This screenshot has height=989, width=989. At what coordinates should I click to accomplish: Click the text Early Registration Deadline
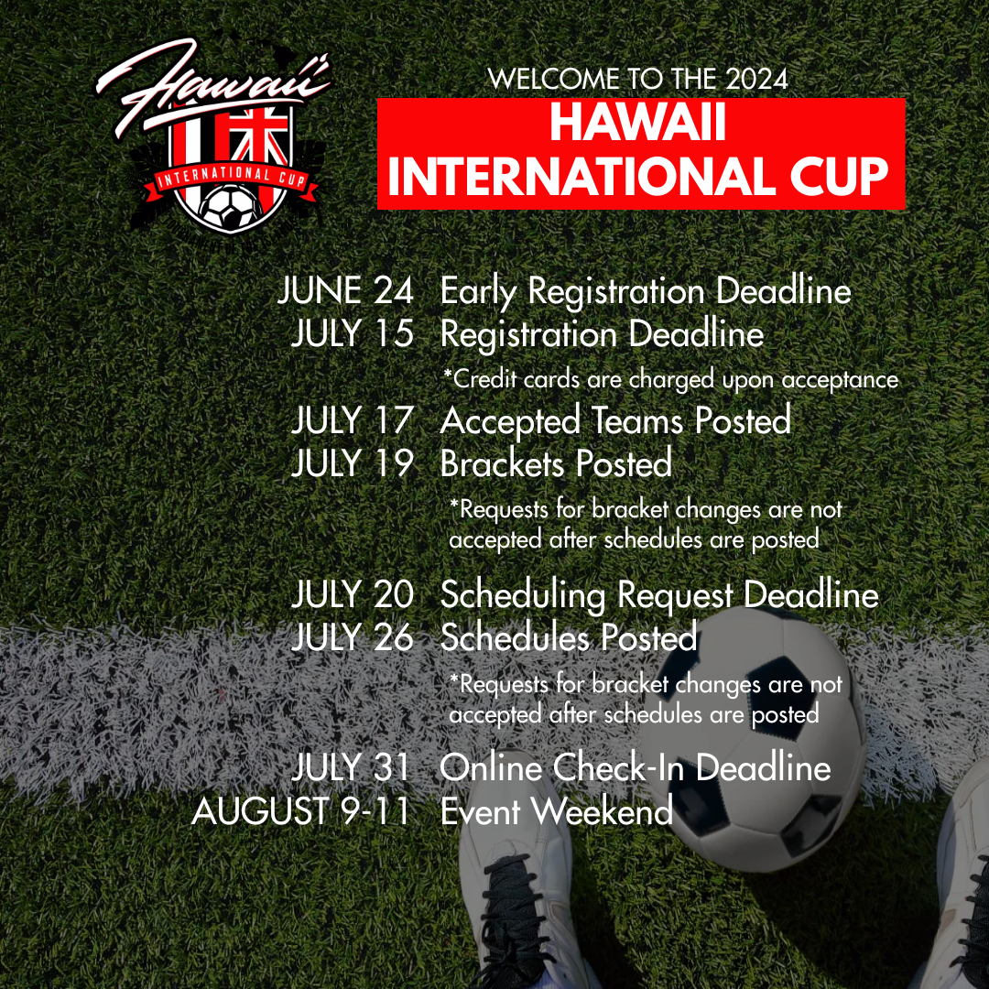pos(646,292)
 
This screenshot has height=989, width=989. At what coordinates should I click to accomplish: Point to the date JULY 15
pos(353,334)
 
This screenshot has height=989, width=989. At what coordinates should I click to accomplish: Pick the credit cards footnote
pos(670,379)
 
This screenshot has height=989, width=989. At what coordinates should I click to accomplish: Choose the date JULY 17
pos(353,421)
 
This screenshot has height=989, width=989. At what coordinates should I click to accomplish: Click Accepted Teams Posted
pos(615,421)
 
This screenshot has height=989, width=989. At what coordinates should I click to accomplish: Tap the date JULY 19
pos(353,463)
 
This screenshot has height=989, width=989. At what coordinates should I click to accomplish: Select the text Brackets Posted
pos(556,463)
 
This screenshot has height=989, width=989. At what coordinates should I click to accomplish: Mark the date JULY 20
pos(353,596)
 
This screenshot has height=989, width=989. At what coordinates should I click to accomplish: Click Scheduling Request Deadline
pos(659,596)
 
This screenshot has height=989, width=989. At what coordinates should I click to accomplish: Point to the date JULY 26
pos(353,637)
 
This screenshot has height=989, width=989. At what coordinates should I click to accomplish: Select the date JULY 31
pos(353,768)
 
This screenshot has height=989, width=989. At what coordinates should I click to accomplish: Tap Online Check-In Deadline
pos(636,768)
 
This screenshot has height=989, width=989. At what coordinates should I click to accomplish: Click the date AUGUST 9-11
pos(300,811)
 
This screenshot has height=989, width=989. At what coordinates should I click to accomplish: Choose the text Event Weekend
pos(557,811)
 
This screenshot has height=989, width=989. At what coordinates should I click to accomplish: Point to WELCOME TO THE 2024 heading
pos(638,79)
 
